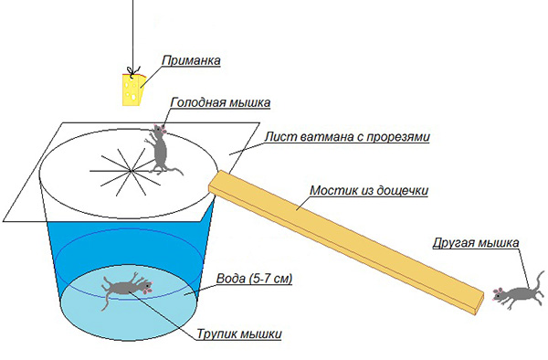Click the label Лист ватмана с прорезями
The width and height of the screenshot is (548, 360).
[x=347, y=137]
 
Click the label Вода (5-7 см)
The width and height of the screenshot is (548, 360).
[x=254, y=279]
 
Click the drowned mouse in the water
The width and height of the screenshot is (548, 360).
[x=126, y=288]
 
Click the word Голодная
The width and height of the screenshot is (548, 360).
[x=193, y=102]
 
